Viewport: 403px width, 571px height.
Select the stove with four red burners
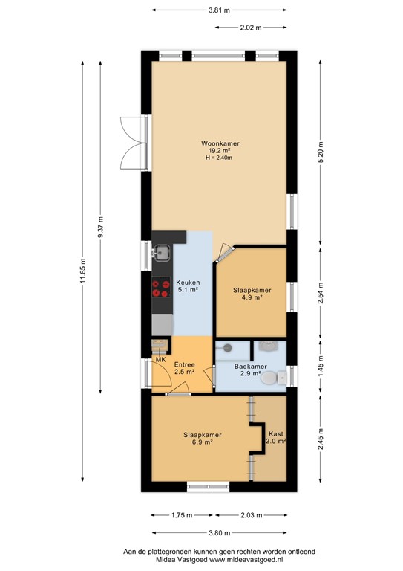click(x=160, y=288)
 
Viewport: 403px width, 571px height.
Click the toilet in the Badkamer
click(x=278, y=378)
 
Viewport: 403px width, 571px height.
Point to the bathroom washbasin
click(x=265, y=346)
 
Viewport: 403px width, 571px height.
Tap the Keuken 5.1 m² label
click(x=186, y=287)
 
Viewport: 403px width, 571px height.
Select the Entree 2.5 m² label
click(x=184, y=369)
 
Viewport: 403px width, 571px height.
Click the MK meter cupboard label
click(x=160, y=361)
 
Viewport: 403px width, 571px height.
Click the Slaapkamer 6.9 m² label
click(x=203, y=439)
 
